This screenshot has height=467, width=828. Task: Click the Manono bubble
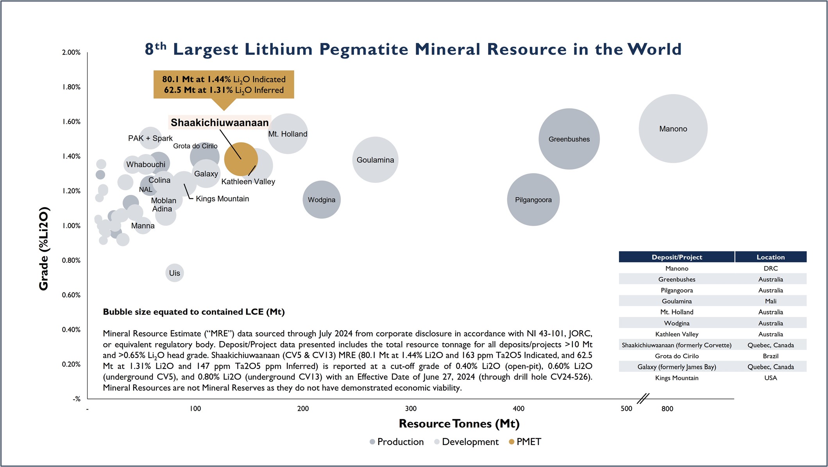[x=673, y=129]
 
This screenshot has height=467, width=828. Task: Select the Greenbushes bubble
[x=569, y=139]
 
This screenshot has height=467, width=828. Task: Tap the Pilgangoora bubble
[x=533, y=200]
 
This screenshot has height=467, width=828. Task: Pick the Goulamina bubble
[x=375, y=160]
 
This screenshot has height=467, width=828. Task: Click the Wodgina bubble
[x=322, y=200]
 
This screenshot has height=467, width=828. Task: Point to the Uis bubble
[x=175, y=273]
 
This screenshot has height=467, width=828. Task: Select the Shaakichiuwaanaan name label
[x=220, y=123]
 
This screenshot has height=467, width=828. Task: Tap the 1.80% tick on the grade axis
[x=71, y=87]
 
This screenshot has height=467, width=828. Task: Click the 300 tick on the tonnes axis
[x=411, y=409]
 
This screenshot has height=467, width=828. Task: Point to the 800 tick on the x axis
[x=667, y=409]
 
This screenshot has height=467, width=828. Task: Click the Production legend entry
[x=397, y=442]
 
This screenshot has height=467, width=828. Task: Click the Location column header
[x=771, y=257]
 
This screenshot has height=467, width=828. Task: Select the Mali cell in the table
[x=771, y=301]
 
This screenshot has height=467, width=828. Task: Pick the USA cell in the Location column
[x=771, y=378]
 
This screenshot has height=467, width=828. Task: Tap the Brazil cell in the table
[x=771, y=356]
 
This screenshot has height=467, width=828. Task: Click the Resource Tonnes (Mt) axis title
[x=459, y=424]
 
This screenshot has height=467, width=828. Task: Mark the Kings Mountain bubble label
[x=222, y=199]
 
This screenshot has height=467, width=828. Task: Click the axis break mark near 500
[x=643, y=399]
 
